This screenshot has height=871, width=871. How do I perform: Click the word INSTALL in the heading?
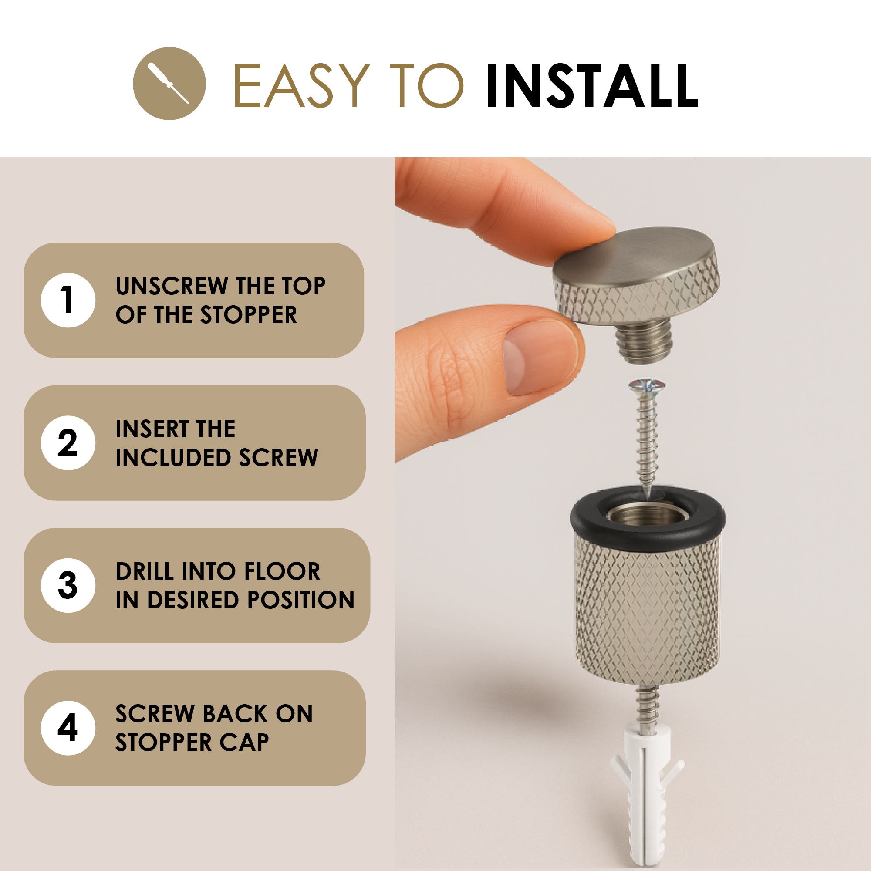592,86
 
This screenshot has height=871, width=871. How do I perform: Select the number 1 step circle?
68,300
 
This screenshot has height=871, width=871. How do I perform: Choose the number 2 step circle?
68,443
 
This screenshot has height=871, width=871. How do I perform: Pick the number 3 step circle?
68,585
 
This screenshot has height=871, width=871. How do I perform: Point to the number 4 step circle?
68,728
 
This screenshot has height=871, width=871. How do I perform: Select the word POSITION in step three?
300,600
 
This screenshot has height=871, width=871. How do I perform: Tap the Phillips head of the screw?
647,385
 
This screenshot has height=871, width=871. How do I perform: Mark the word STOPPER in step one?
248,315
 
